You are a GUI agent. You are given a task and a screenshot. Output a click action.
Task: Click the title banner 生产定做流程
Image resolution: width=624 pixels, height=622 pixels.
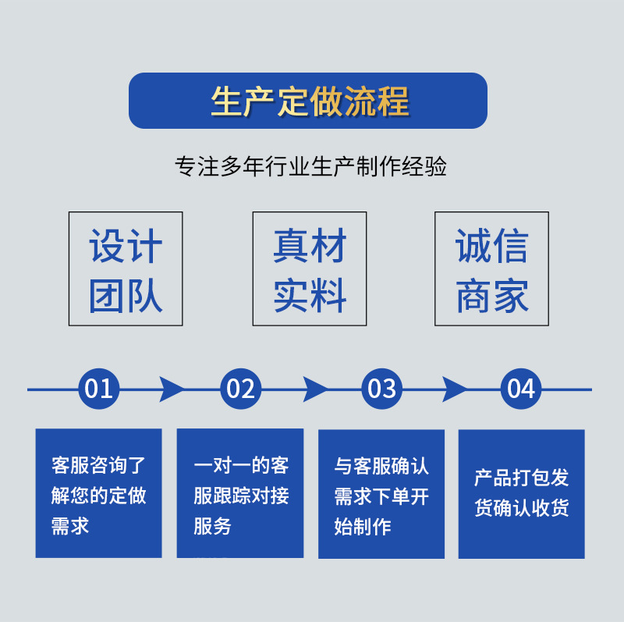[308, 101]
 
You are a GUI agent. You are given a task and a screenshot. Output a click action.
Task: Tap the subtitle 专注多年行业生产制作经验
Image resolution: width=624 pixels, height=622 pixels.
[311, 167]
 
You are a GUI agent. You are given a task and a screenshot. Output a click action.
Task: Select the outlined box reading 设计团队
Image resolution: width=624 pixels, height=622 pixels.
[126, 268]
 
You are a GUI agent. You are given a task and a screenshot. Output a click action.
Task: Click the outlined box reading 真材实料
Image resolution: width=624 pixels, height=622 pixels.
[310, 268]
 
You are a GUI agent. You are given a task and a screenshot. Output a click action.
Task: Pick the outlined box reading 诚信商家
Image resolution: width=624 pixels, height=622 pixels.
[491, 268]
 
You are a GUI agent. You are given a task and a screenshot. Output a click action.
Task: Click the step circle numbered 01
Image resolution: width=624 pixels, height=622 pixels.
[99, 389]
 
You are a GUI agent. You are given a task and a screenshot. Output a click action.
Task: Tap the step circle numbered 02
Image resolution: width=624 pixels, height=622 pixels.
[240, 389]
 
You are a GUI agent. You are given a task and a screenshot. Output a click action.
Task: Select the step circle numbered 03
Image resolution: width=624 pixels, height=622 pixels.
[381, 389]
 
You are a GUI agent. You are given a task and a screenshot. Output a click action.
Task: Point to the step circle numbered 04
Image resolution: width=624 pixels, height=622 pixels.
[521, 389]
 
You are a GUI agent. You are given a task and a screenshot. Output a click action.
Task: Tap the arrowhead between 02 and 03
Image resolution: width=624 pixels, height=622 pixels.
[314, 389]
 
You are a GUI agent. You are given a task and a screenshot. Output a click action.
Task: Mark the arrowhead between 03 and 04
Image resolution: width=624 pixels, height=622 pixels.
[454, 389]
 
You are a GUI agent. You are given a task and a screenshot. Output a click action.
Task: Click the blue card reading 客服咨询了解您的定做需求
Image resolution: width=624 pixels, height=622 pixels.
[98, 492]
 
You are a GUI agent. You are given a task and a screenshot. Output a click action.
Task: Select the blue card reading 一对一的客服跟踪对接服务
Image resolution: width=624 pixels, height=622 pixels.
[240, 492]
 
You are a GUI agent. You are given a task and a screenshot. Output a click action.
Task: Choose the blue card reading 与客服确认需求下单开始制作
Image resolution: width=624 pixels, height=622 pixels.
[381, 493]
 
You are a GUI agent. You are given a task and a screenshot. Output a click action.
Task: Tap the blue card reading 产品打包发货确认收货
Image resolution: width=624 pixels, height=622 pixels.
[521, 493]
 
